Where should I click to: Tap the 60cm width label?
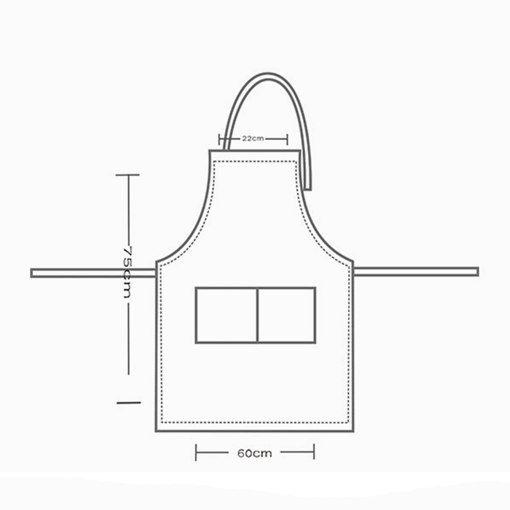254,454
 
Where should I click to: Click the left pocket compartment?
226,314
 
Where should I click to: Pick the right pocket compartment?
286,314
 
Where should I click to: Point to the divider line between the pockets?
257,314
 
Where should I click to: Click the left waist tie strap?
93,273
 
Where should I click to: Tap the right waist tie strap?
416,272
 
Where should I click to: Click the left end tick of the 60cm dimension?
196,453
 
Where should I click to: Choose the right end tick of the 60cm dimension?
314,453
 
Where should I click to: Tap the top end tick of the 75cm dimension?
128,174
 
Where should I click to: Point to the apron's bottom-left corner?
156,431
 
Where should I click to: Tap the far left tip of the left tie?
33,273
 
